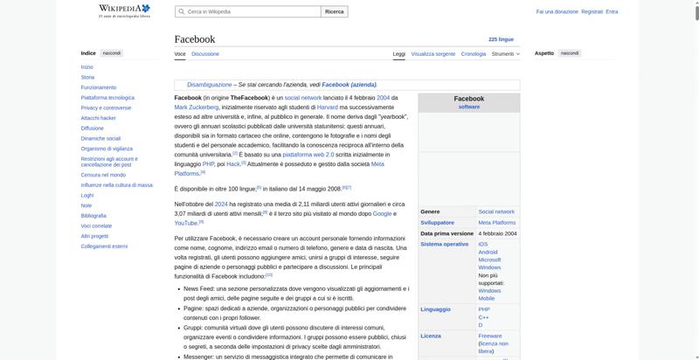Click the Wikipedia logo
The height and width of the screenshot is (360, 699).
click(x=124, y=11)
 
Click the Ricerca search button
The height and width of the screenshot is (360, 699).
click(x=335, y=11)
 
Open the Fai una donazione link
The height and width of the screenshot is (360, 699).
click(x=557, y=11)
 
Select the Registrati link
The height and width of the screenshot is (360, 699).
click(x=592, y=11)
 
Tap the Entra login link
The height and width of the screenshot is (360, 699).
click(x=612, y=11)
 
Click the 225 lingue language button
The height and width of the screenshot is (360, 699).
click(x=501, y=39)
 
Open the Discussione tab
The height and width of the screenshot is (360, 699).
click(x=205, y=53)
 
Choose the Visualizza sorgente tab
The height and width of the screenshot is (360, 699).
click(x=433, y=53)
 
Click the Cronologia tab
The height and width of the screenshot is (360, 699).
click(x=474, y=53)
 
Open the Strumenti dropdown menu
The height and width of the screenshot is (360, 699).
click(x=505, y=53)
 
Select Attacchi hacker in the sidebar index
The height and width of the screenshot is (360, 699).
click(x=98, y=117)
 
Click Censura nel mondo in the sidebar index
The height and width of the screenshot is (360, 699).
click(x=103, y=175)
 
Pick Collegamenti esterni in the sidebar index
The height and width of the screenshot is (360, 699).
click(x=104, y=246)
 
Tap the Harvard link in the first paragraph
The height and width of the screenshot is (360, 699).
click(x=327, y=107)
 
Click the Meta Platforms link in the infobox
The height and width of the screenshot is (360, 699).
click(x=496, y=222)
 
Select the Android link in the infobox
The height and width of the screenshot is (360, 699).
click(x=488, y=252)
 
